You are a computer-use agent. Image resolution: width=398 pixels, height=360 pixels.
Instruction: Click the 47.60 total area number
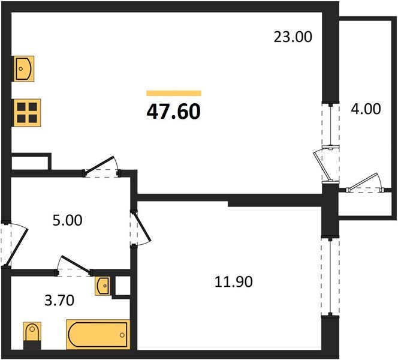[173, 111]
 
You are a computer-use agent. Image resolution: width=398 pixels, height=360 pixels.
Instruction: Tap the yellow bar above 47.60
[173, 93]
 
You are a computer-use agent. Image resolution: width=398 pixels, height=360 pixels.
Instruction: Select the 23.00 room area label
[293, 37]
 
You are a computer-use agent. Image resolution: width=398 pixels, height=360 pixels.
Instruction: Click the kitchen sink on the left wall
[24, 68]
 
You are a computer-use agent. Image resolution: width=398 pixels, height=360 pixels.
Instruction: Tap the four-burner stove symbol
[27, 111]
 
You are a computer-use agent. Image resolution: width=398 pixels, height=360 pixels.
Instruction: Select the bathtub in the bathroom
[98, 334]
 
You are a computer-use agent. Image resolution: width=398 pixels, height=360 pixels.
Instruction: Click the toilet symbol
[31, 334]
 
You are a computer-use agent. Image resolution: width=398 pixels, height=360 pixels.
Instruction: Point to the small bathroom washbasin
[102, 285]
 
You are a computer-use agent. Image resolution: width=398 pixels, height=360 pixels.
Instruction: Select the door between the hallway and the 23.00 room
[101, 167]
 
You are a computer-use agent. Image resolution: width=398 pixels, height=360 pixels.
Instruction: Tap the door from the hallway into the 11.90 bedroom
[140, 226]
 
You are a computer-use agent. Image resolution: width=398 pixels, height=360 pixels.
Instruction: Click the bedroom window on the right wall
[328, 276]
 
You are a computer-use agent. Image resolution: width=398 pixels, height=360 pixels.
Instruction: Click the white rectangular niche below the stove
[30, 162]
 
